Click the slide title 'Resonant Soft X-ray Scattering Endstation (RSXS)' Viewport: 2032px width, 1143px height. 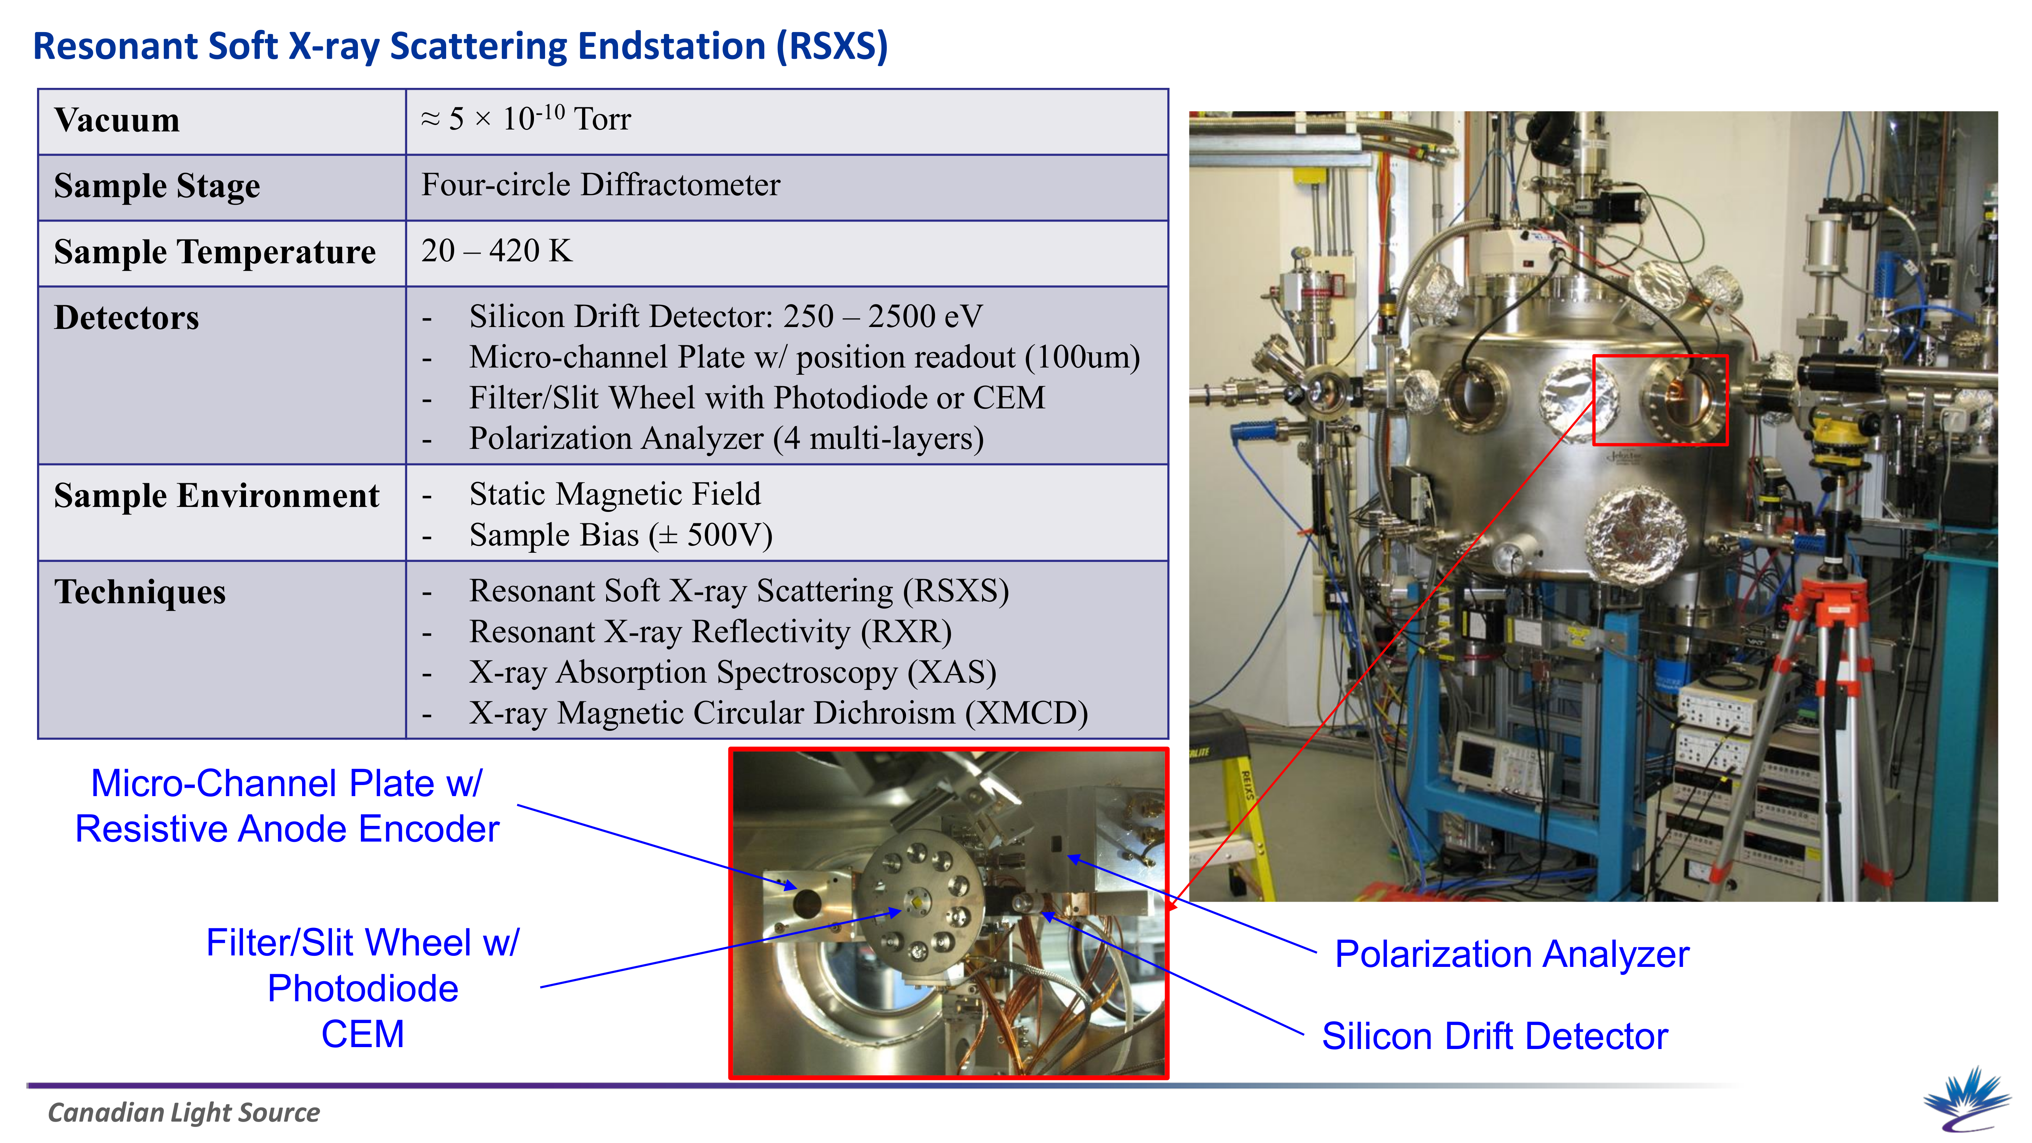click(461, 46)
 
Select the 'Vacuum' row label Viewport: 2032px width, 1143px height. click(117, 120)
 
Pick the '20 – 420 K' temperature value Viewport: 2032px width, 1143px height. click(496, 251)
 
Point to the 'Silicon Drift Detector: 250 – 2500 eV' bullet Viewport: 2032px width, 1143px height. click(726, 316)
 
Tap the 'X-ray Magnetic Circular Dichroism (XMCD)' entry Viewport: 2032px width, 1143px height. click(778, 713)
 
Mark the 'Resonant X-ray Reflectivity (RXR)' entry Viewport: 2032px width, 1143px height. click(711, 632)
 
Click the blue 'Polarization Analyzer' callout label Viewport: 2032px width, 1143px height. click(1511, 954)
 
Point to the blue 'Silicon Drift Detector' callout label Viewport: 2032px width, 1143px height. click(1495, 1036)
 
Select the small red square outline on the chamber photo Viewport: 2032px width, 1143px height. click(1660, 400)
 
